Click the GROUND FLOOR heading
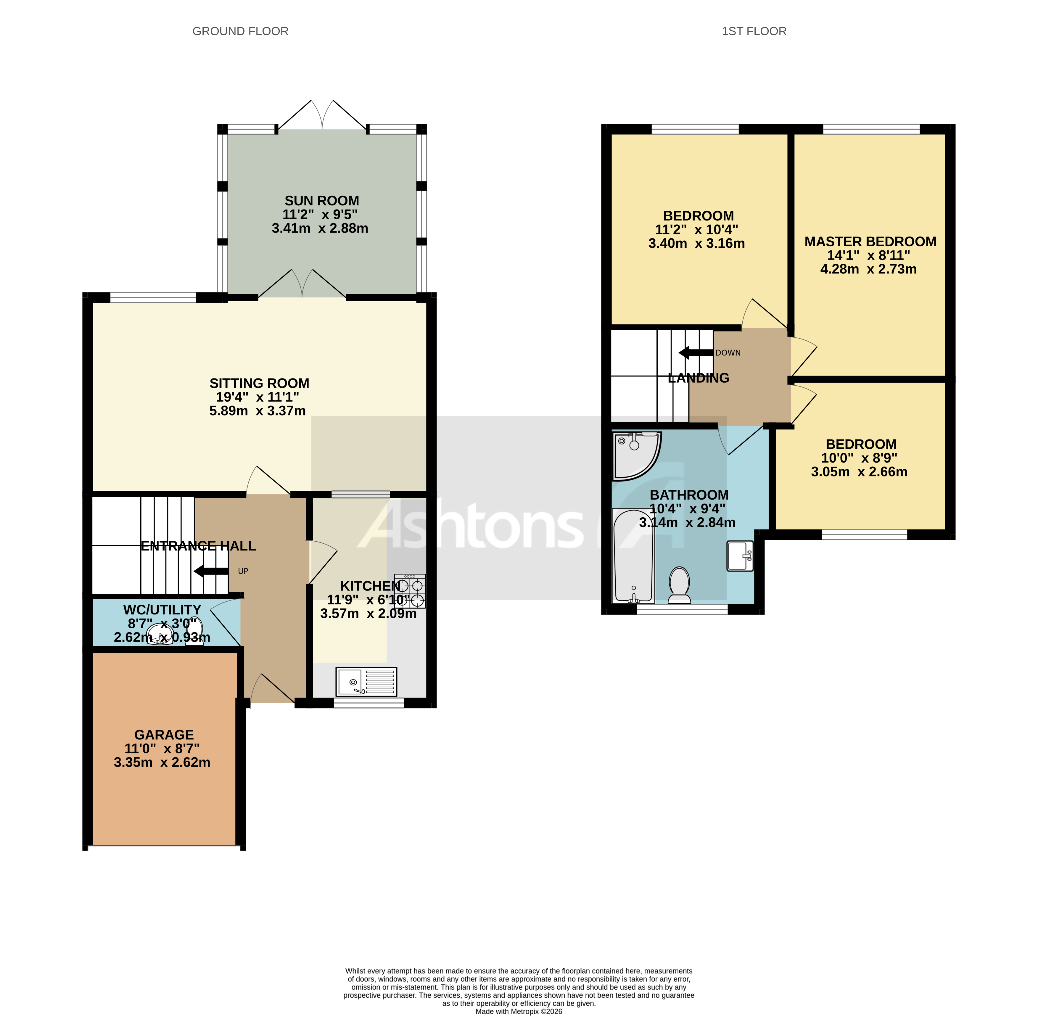click(240, 31)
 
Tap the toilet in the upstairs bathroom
click(679, 584)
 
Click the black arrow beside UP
click(211, 571)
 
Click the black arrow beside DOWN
click(695, 353)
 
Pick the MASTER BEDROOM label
click(870, 242)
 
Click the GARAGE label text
click(164, 735)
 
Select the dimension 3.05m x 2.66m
click(859, 472)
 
